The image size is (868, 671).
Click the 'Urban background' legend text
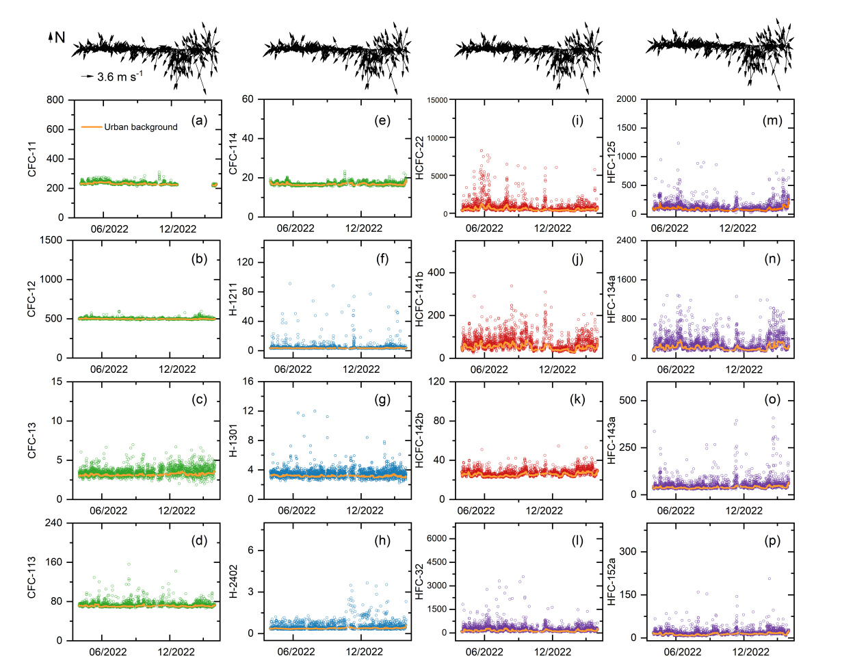[140, 127]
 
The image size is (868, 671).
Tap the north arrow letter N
[60, 38]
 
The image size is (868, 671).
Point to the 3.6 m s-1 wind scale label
[120, 77]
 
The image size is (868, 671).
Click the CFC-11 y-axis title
[32, 158]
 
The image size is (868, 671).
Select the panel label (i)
[577, 121]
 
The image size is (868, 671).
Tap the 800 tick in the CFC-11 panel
[55, 100]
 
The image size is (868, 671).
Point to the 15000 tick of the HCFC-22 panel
[437, 101]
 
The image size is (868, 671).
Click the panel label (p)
[772, 540]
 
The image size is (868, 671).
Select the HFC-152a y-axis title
[611, 581]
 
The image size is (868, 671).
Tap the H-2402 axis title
[233, 581]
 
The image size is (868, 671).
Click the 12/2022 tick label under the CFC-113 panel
[176, 652]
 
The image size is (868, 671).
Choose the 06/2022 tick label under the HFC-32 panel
[484, 652]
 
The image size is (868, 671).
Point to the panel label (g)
[382, 399]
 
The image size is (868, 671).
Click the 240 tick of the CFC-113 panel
[53, 523]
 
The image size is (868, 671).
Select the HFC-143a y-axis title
[611, 440]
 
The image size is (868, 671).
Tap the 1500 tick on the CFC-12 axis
[51, 240]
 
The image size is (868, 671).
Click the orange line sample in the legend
[92, 127]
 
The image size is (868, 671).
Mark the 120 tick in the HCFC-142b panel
[436, 382]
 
